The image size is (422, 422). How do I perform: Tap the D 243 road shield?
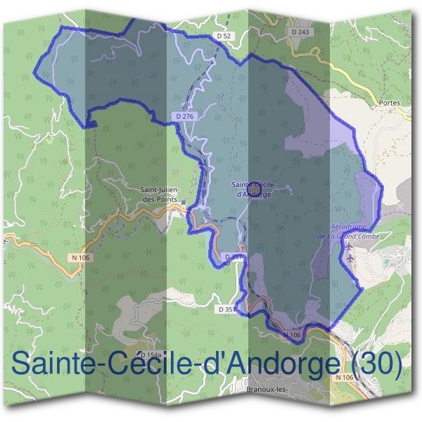(300, 32)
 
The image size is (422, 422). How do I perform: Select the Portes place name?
(388, 103)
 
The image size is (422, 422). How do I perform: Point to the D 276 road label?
(184, 116)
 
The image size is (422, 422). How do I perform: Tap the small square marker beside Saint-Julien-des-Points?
(184, 202)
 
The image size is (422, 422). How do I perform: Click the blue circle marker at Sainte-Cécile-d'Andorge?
(255, 186)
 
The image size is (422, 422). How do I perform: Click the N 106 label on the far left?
(81, 258)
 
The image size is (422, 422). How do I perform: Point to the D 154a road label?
(151, 356)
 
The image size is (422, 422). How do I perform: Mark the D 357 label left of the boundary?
(229, 309)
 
